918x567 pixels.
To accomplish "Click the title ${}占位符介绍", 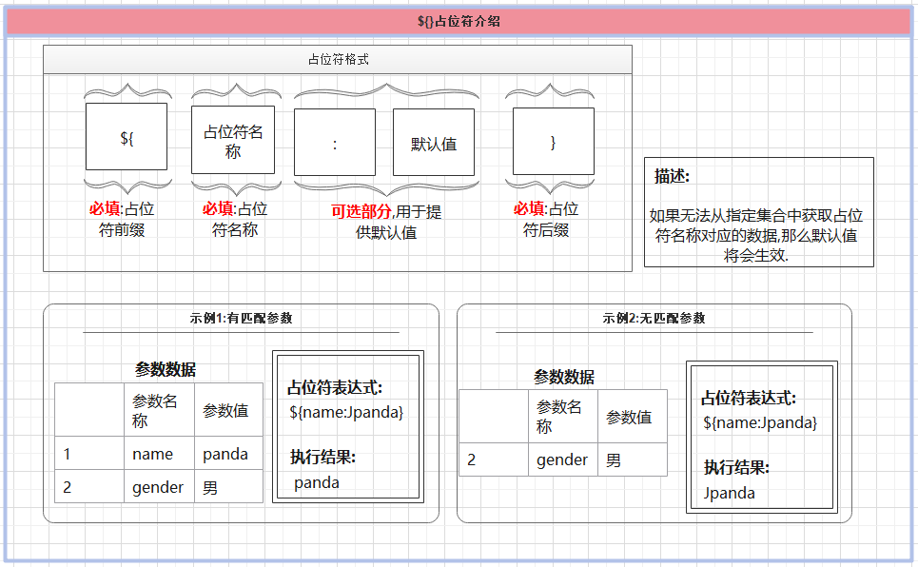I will tap(459, 21).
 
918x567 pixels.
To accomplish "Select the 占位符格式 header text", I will tap(338, 59).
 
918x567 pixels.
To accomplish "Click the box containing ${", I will tap(127, 137).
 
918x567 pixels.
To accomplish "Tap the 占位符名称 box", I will tap(233, 140).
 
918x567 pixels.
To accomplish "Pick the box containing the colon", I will tap(336, 143).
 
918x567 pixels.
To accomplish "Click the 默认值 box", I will tap(434, 143).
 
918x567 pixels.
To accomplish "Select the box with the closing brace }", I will tap(554, 142).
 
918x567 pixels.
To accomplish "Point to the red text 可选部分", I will tap(361, 211).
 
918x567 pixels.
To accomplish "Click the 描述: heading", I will tap(672, 176).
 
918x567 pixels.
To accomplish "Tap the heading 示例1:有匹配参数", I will tap(241, 318).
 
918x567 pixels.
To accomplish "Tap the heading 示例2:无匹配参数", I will tap(654, 318).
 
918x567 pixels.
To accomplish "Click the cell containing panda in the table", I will tap(225, 454).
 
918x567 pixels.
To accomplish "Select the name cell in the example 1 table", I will tap(152, 454).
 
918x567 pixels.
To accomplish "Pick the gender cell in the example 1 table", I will tap(158, 487).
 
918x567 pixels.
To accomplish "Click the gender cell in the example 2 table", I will tap(562, 459).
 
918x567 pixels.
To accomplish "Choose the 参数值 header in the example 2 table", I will tap(629, 417).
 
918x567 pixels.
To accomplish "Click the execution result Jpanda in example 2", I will tap(730, 493).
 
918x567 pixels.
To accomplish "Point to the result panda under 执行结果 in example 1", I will tap(317, 482).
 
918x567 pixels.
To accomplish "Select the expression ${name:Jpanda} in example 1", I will tap(346, 412).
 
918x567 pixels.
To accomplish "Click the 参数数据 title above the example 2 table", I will tap(563, 377).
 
